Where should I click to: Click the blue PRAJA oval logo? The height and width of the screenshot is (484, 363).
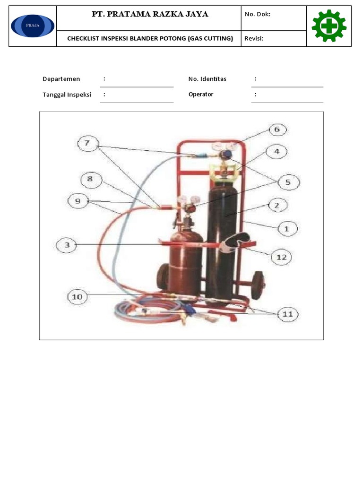(33, 26)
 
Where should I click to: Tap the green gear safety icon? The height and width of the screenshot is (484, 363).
(329, 26)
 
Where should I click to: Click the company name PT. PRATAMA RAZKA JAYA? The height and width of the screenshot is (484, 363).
(150, 14)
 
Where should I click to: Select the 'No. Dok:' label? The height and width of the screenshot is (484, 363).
(257, 14)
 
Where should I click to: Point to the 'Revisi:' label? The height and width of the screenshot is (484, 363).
(254, 38)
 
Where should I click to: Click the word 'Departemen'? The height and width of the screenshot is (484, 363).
(61, 79)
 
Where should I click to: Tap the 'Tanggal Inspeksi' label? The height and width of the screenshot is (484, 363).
(67, 95)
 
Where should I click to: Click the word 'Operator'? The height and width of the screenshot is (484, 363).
(201, 95)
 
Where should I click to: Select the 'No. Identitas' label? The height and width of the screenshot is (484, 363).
(207, 79)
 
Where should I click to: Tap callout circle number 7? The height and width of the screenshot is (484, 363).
(87, 143)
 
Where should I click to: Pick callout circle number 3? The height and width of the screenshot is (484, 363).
(67, 245)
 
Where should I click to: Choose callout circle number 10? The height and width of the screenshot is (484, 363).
(77, 297)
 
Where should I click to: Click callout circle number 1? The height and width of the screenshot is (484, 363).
(286, 228)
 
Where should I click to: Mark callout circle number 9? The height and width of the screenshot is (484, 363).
(78, 201)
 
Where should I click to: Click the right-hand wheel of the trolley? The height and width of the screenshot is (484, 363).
(258, 285)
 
